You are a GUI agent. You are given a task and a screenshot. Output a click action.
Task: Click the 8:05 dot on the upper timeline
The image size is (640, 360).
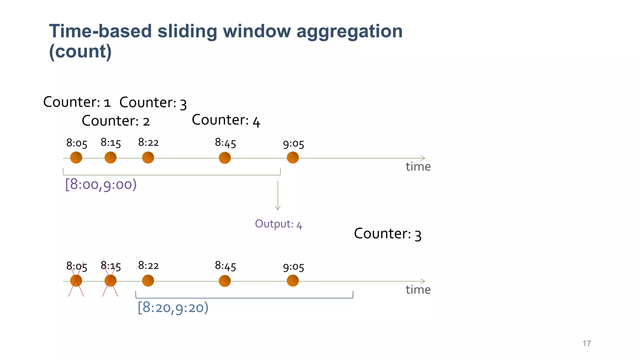(x=76, y=157)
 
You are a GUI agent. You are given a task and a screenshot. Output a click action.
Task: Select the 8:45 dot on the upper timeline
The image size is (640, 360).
(x=225, y=158)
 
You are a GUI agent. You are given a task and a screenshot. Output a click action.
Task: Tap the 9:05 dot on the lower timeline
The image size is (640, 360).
(x=292, y=281)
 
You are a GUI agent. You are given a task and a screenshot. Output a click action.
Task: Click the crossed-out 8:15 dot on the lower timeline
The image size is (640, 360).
(x=110, y=281)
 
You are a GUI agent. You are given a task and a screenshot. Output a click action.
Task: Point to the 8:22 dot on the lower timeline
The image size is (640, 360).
(x=148, y=281)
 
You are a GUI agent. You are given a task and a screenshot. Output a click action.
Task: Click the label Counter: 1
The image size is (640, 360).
(x=77, y=102)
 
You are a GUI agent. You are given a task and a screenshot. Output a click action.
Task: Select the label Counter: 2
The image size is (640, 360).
(x=116, y=121)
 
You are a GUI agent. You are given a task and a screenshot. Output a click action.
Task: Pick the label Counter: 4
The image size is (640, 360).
(x=226, y=120)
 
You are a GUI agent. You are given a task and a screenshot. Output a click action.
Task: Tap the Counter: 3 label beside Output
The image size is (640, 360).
(x=387, y=234)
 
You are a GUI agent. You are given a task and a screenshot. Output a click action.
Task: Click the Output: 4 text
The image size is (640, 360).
(x=278, y=224)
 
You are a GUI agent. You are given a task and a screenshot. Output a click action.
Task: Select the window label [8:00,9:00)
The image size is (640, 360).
(x=101, y=184)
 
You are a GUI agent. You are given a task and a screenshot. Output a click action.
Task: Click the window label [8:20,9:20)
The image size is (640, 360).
(x=173, y=307)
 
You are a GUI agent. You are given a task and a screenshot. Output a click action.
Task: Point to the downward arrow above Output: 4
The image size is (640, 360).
(x=277, y=195)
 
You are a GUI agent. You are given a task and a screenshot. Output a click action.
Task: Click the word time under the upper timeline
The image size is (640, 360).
(x=418, y=167)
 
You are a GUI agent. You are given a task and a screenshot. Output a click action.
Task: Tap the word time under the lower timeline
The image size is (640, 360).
(x=418, y=290)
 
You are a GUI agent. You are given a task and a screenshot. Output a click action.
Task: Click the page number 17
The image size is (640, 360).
(x=586, y=343)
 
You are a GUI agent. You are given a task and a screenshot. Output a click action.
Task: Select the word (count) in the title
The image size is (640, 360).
(x=80, y=51)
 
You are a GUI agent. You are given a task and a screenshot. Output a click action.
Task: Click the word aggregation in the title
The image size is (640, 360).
(x=349, y=31)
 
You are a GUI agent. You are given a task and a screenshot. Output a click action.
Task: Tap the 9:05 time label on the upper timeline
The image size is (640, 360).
(x=293, y=144)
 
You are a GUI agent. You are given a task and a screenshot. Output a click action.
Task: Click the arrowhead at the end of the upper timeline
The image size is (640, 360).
(x=423, y=158)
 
